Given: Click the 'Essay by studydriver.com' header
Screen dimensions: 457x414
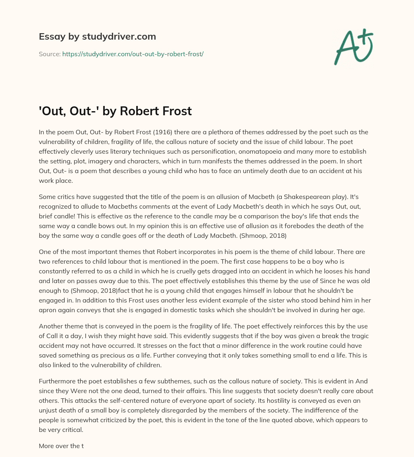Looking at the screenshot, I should [x=97, y=36].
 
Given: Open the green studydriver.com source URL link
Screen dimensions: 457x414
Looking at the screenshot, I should [x=133, y=53].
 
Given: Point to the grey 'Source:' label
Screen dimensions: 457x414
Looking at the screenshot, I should [x=49, y=53].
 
